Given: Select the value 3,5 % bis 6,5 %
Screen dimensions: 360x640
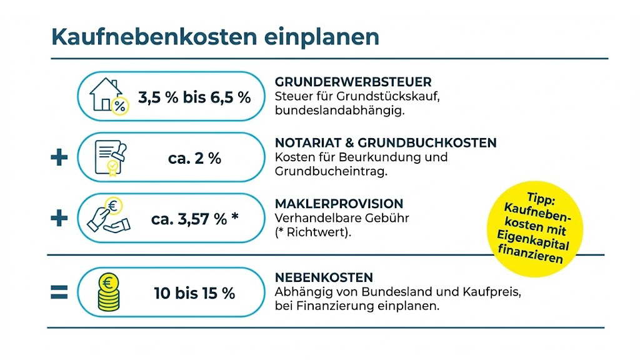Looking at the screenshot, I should (x=194, y=97).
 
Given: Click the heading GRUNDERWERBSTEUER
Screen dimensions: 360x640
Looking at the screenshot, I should (x=353, y=82).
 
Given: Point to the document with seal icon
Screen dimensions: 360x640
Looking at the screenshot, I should (x=107, y=157).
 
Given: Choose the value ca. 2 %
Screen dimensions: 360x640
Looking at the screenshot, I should (x=194, y=159).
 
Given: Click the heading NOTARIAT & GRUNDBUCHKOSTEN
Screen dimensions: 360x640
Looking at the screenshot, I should (x=386, y=143).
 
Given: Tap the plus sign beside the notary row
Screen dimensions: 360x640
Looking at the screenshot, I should (x=59, y=157).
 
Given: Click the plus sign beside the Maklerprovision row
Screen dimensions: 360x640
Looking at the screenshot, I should (x=59, y=218).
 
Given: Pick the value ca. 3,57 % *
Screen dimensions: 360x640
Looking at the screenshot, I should (x=194, y=219).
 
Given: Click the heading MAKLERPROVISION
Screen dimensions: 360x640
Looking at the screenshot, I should (x=339, y=204).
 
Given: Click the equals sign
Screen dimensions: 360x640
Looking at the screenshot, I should (x=59, y=292).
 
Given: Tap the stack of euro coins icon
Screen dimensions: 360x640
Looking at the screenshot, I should (x=108, y=292).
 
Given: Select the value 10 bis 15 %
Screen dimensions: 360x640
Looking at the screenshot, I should (x=194, y=292).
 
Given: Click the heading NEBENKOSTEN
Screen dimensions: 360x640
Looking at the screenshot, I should (x=324, y=277).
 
